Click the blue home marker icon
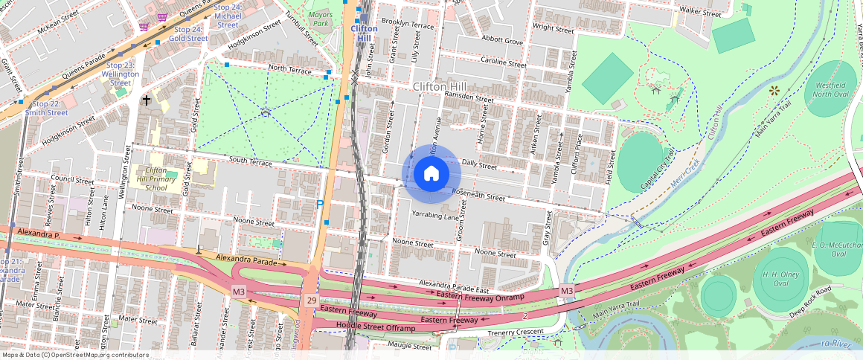pyautogui.click(x=431, y=174)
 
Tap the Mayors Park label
pyautogui.click(x=320, y=19)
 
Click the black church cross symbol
pyautogui.click(x=147, y=100)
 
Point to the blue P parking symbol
pyautogui.click(x=320, y=205)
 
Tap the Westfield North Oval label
pyautogui.click(x=830, y=90)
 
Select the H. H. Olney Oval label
pyautogui.click(x=770, y=277)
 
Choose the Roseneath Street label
pyautogui.click(x=478, y=196)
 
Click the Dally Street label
pyautogui.click(x=478, y=164)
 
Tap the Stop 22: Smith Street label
pyautogui.click(x=50, y=109)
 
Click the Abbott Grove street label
pyautogui.click(x=502, y=41)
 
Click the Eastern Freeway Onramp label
pyautogui.click(x=481, y=296)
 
